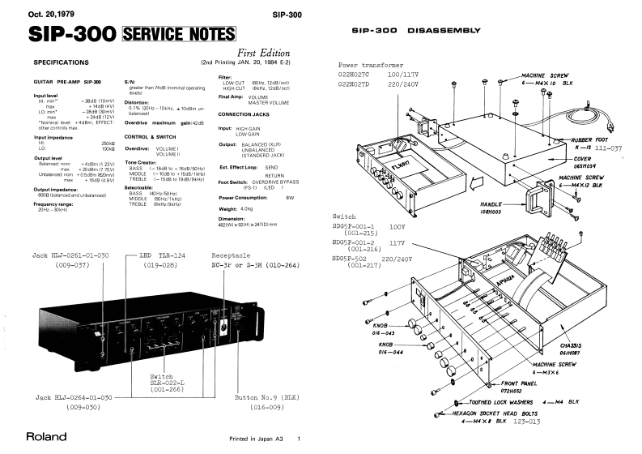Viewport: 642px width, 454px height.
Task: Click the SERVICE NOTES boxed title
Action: click(172, 36)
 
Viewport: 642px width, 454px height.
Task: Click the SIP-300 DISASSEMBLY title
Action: click(408, 31)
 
